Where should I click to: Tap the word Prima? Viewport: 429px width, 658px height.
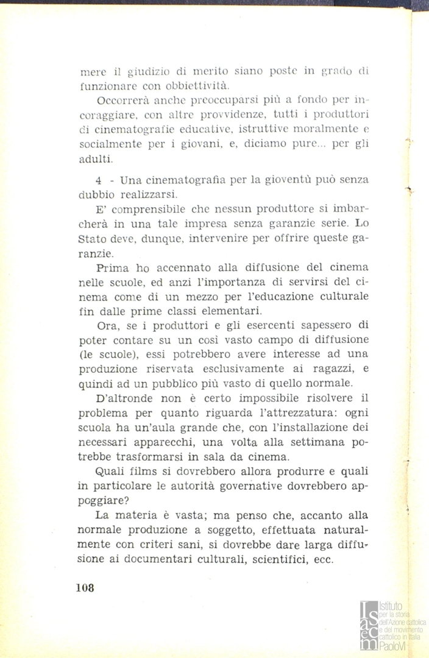click(111, 269)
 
